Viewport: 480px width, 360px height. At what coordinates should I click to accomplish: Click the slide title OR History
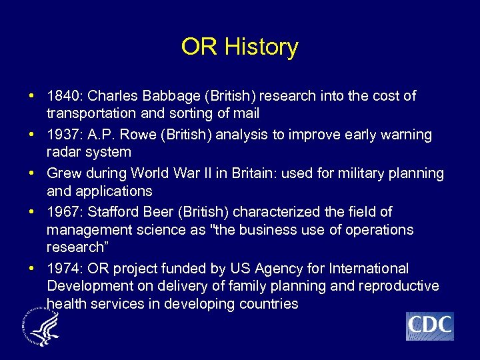[x=239, y=47]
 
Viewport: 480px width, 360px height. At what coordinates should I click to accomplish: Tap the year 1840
[x=63, y=96]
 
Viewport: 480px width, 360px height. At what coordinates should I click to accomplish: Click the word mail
[x=246, y=113]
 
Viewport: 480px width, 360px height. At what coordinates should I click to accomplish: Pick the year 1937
[x=63, y=135]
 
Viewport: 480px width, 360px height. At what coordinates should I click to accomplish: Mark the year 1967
[x=63, y=212]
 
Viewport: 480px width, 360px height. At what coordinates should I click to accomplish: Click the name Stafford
[x=112, y=212]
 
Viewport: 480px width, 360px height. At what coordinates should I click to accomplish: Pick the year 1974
[x=63, y=269]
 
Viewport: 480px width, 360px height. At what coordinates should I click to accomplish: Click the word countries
[x=268, y=304]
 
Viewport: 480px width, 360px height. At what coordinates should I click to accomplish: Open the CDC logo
[x=429, y=326]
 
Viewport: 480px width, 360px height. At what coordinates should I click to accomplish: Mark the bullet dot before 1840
[x=32, y=96]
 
